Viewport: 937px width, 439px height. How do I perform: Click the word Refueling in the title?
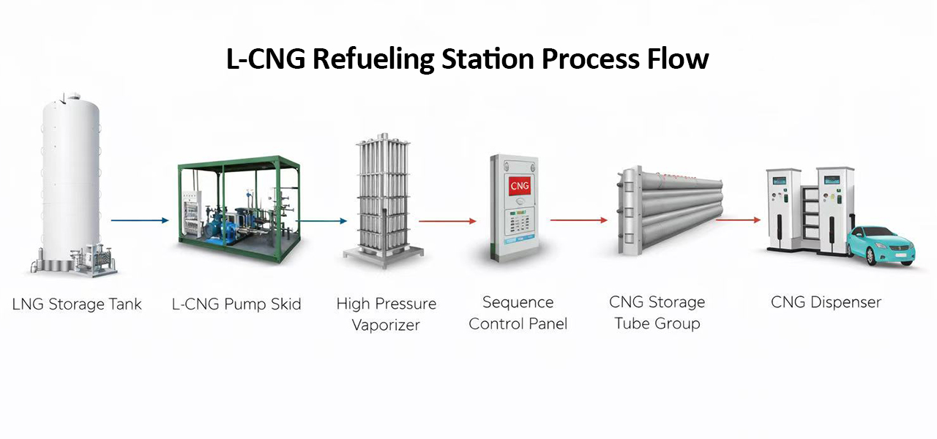tap(375, 59)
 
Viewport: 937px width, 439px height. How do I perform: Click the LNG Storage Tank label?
tap(77, 304)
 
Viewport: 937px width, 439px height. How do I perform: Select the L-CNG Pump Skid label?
tap(236, 304)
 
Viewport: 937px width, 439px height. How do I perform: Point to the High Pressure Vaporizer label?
tap(386, 314)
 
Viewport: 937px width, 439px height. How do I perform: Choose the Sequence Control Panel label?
tap(518, 313)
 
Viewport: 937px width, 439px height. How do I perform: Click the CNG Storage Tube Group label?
tap(657, 312)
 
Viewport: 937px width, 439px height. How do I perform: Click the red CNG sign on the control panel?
tap(518, 186)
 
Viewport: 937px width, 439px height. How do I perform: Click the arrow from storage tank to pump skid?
tap(140, 219)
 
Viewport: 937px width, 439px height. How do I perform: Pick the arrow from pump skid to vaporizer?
tap(322, 219)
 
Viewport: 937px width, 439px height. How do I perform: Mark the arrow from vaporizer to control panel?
tap(447, 220)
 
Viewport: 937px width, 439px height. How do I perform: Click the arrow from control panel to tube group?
tap(579, 219)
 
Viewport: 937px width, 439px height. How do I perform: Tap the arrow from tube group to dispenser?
tap(738, 219)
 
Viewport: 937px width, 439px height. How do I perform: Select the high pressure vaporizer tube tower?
tap(383, 198)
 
